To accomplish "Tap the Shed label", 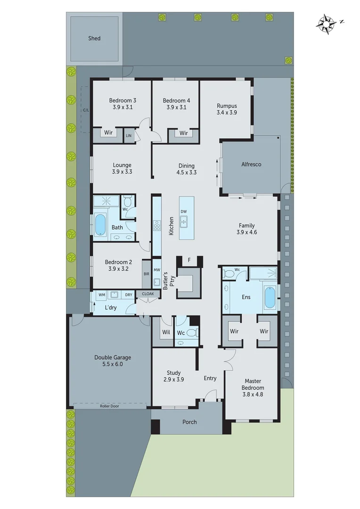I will pos(94,38).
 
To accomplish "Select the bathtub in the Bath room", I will pos(101,225).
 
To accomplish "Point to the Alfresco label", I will pos(251,164).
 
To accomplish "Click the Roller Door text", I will pos(109,405).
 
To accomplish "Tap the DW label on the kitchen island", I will pos(184,211).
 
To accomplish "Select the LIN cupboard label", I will pos(129,136).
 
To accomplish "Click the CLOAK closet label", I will pos(147,294).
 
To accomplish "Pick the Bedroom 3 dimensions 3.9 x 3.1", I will pos(123,107).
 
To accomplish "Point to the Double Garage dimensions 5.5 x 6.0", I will pos(112,364).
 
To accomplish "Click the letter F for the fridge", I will pos(189,260).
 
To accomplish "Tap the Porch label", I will pos(189,422).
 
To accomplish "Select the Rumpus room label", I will pos(227,106).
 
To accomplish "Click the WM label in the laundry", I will pos(101,295).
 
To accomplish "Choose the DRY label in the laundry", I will pos(129,295).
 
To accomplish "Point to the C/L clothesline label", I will pos(86,110).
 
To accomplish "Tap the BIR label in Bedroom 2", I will pos(146,273).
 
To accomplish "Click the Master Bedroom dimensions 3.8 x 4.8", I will pos(254,394).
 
